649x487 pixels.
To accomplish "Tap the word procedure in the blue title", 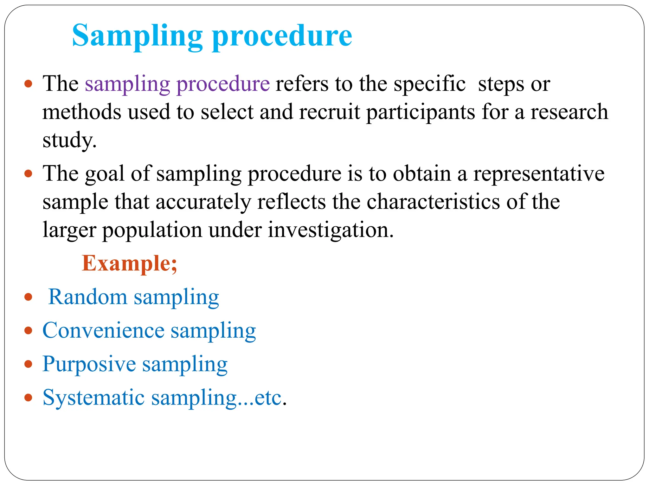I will (x=282, y=36).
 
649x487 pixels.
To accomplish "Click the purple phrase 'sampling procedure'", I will (x=177, y=84).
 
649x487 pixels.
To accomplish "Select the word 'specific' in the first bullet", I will (x=429, y=84).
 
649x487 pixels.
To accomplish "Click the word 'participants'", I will (x=421, y=113).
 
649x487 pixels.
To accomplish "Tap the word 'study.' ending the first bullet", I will (x=69, y=140).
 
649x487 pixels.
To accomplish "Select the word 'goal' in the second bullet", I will (x=105, y=174).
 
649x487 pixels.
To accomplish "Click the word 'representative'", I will (x=539, y=174).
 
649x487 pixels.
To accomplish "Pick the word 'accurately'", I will (x=203, y=202).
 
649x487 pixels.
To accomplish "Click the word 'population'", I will (x=152, y=230).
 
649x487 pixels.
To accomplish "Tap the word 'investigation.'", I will (x=331, y=230).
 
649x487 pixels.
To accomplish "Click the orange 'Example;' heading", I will (x=129, y=263).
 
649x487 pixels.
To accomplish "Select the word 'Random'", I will (x=88, y=297).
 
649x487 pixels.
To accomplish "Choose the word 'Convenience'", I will (x=103, y=330).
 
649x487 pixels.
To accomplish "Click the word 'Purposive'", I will (x=89, y=364).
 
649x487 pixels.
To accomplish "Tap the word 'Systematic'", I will (x=93, y=398).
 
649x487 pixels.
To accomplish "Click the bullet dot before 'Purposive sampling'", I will (x=29, y=364).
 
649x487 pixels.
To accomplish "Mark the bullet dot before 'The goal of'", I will (x=29, y=174).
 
